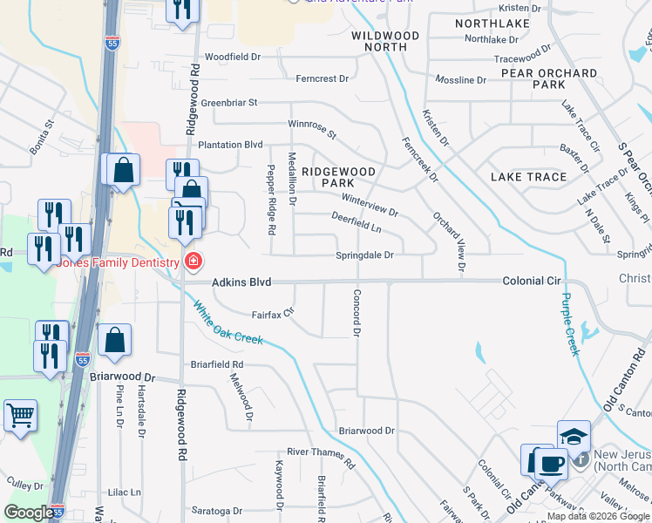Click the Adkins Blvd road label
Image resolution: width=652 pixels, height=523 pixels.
pos(241,282)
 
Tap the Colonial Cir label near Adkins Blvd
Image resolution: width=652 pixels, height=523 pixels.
pos(532,282)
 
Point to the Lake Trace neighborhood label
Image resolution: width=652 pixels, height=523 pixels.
pos(528,177)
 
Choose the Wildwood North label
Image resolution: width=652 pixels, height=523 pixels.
pos(385,41)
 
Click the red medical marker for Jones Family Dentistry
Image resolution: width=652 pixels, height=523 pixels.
pos(193,261)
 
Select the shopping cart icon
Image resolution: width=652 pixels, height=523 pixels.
pos(19,415)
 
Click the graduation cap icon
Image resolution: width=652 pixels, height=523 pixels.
pos(574,435)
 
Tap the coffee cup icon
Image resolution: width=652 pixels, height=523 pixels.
pos(550,462)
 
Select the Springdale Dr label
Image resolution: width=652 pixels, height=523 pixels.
pos(365,255)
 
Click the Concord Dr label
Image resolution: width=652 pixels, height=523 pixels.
pos(356,314)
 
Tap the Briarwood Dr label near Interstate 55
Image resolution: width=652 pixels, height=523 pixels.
pos(121,378)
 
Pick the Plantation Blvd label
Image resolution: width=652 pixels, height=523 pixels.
pos(230,145)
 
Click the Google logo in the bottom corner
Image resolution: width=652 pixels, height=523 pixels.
pos(29,513)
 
